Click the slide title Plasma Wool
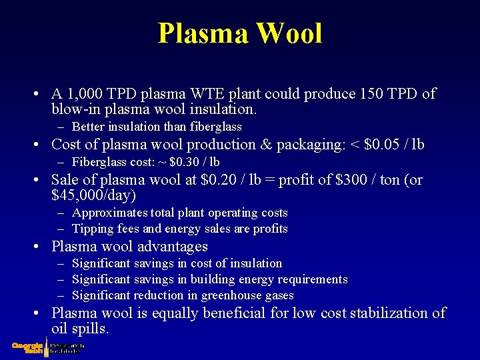(x=240, y=33)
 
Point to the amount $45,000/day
(x=93, y=196)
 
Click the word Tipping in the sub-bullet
(x=91, y=229)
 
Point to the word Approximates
(x=109, y=213)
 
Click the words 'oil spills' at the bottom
(x=80, y=329)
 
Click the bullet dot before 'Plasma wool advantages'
(x=40, y=247)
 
